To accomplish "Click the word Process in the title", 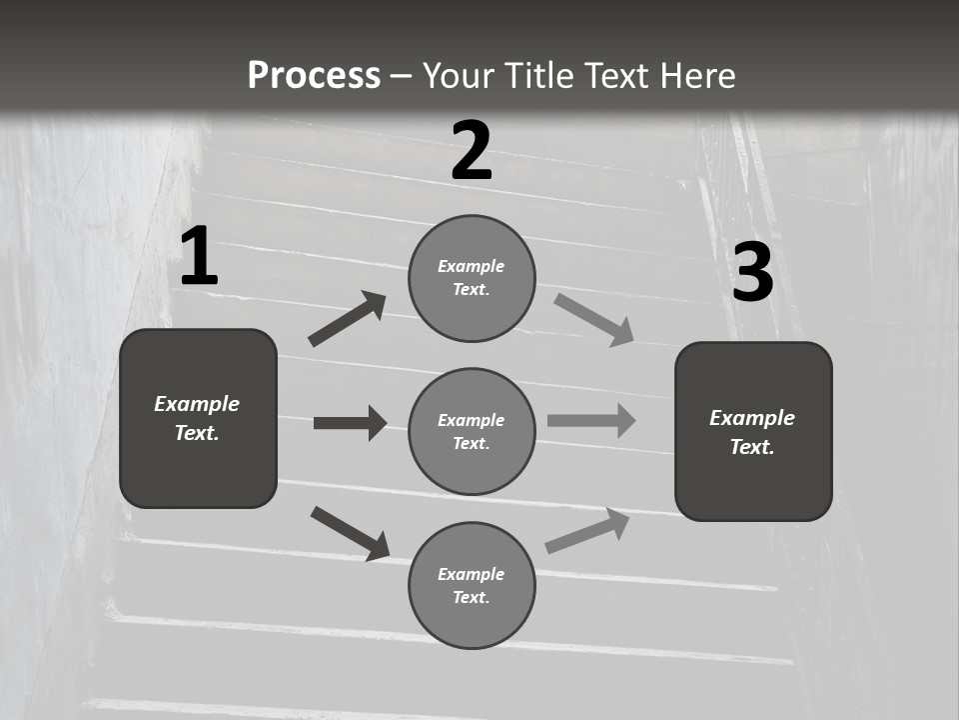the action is coord(314,76).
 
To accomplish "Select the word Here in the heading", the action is coord(695,76).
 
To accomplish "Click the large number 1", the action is coord(199,257).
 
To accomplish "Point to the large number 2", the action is coord(472,151).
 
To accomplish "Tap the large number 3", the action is coord(752,272).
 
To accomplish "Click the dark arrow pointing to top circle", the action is coord(347,319).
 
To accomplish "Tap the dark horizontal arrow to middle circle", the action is coord(350,423).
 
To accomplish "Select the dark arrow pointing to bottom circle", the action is coord(350,532).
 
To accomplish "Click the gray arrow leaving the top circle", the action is coord(594,319).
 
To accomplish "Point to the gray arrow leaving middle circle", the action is coord(591,420).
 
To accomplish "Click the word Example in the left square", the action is coord(197,404).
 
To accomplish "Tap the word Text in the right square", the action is coord(752,447).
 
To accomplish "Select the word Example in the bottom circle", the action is coord(471,574).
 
